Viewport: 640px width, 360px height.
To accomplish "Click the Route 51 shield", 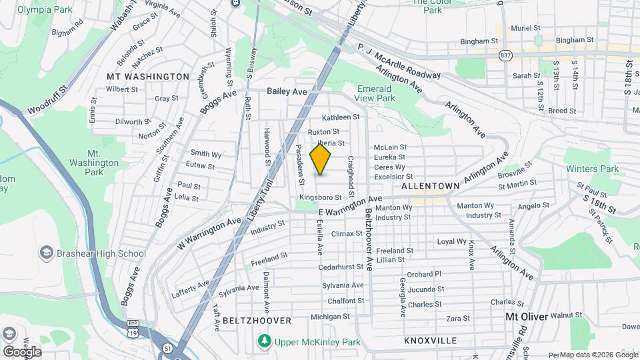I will tap(166, 347).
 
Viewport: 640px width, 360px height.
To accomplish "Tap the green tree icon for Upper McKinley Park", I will tap(265, 342).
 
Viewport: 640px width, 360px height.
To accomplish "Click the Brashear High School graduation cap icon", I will tap(47, 253).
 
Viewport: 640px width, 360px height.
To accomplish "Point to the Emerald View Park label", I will tap(376, 93).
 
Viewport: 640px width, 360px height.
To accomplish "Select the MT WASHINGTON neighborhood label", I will tap(148, 77).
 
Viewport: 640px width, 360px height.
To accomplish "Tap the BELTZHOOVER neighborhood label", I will tap(257, 321).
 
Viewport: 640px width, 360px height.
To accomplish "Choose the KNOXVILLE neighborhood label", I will tap(430, 341).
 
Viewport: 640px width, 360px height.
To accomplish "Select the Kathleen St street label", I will tap(341, 117).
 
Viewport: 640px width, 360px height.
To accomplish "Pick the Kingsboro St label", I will tap(320, 197).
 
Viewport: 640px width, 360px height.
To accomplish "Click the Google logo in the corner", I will tap(22, 351).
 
